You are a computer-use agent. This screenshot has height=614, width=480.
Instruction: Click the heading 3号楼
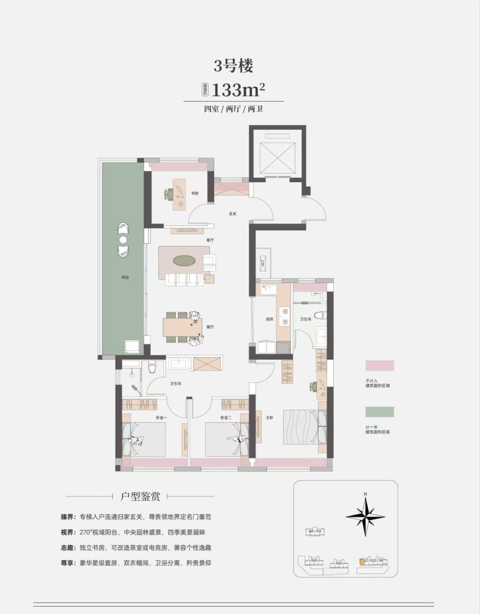click(233, 66)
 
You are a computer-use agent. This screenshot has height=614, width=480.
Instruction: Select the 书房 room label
click(195, 193)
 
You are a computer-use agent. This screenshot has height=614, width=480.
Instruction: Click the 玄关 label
click(232, 214)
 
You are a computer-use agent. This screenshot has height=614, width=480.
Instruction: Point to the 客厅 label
click(210, 240)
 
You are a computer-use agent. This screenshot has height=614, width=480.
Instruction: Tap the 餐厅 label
click(210, 327)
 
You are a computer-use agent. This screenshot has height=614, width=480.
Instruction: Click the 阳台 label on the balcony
click(125, 277)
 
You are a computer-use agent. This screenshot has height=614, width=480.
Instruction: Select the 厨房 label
click(269, 319)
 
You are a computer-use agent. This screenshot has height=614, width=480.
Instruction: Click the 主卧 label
click(269, 417)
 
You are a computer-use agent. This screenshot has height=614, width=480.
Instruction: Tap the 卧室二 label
click(226, 418)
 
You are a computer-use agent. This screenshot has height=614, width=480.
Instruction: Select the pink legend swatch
click(380, 366)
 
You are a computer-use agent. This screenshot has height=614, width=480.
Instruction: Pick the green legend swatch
click(380, 411)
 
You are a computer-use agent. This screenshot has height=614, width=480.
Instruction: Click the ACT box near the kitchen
click(263, 263)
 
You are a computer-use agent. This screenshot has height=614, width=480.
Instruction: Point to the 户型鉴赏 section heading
click(140, 496)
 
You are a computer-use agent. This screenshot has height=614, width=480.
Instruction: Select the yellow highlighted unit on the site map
click(363, 562)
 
